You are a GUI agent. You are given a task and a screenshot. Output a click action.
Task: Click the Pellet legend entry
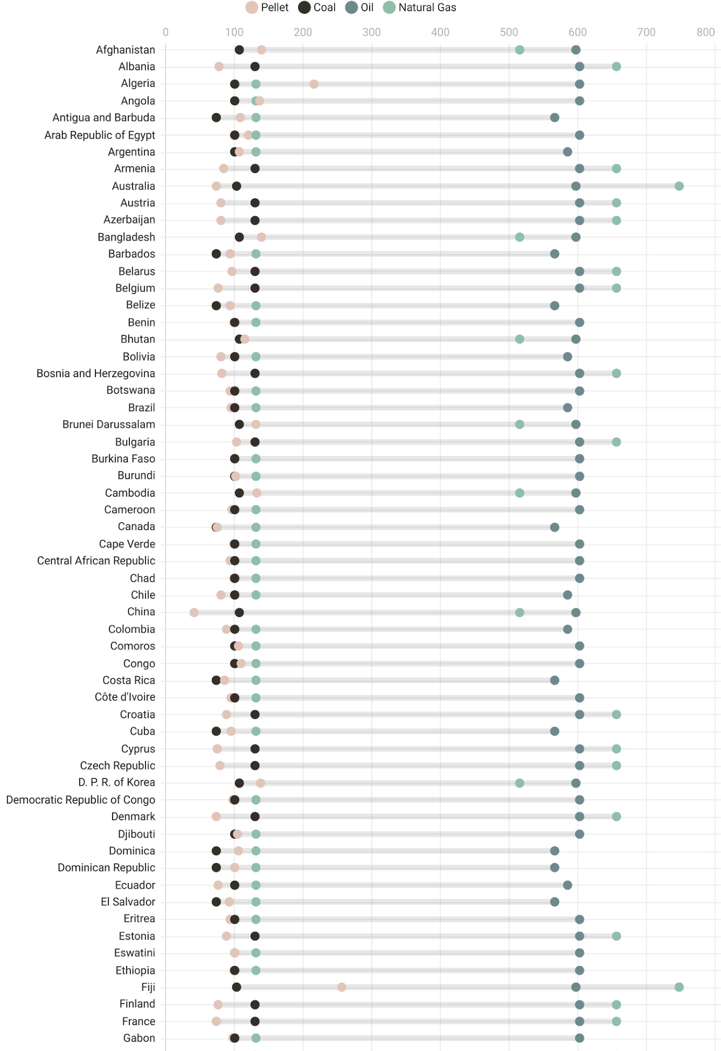267,8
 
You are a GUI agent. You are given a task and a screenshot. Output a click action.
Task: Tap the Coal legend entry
317,8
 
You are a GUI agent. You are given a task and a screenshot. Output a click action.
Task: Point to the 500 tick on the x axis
509,32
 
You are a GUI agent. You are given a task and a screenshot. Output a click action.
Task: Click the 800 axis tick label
705,32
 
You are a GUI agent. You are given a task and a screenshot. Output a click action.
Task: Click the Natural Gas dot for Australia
679,186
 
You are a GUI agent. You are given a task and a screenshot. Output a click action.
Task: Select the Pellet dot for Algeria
314,84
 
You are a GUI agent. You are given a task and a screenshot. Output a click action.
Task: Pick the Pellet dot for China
194,612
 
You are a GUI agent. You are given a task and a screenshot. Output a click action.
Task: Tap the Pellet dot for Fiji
342,987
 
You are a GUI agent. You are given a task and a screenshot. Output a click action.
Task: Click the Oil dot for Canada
554,527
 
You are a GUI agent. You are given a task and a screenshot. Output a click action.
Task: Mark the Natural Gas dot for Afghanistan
519,50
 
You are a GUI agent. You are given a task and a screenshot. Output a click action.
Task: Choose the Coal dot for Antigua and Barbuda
216,117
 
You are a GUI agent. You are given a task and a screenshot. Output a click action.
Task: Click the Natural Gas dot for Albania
616,67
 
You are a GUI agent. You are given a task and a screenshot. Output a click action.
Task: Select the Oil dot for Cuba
554,731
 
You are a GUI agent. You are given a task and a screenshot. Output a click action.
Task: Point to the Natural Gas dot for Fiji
679,987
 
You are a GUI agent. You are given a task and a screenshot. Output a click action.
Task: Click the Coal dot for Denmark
255,817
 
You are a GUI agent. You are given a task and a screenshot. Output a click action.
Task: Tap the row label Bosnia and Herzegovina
96,374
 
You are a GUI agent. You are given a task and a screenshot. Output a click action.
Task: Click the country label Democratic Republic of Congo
81,800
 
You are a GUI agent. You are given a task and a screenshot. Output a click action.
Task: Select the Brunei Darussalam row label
109,425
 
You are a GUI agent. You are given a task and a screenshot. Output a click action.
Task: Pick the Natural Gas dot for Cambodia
519,493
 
